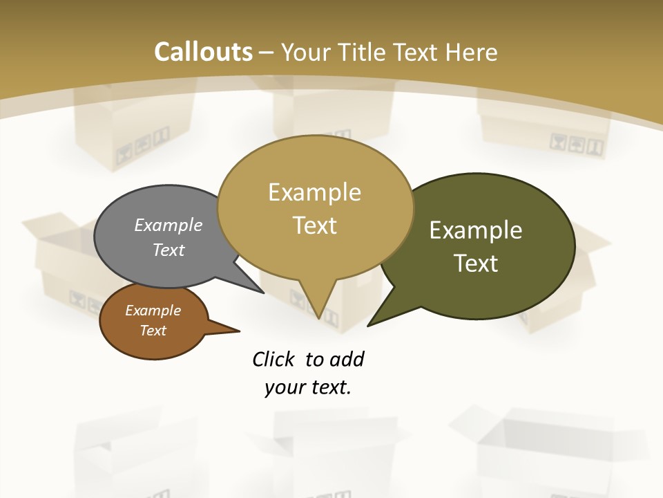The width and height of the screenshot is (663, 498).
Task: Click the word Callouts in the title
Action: pos(203,52)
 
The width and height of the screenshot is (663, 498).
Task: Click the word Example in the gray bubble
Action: pos(169,225)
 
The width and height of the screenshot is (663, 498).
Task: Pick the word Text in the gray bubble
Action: pos(169,250)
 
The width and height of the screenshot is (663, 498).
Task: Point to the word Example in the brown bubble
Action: pos(153,311)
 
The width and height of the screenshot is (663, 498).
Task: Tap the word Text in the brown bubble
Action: pos(153,331)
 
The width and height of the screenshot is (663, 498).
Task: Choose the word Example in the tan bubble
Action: pos(314,192)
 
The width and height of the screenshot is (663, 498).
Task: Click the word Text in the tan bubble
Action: pos(314,225)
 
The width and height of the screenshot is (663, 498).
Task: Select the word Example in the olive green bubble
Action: pos(476,230)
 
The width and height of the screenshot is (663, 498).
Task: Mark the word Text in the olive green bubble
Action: pos(476,264)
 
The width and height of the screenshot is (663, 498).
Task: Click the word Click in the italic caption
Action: pos(275,359)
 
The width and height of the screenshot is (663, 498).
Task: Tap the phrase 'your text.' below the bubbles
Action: pos(308,387)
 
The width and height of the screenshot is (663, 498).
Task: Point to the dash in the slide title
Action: pos(267,53)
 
